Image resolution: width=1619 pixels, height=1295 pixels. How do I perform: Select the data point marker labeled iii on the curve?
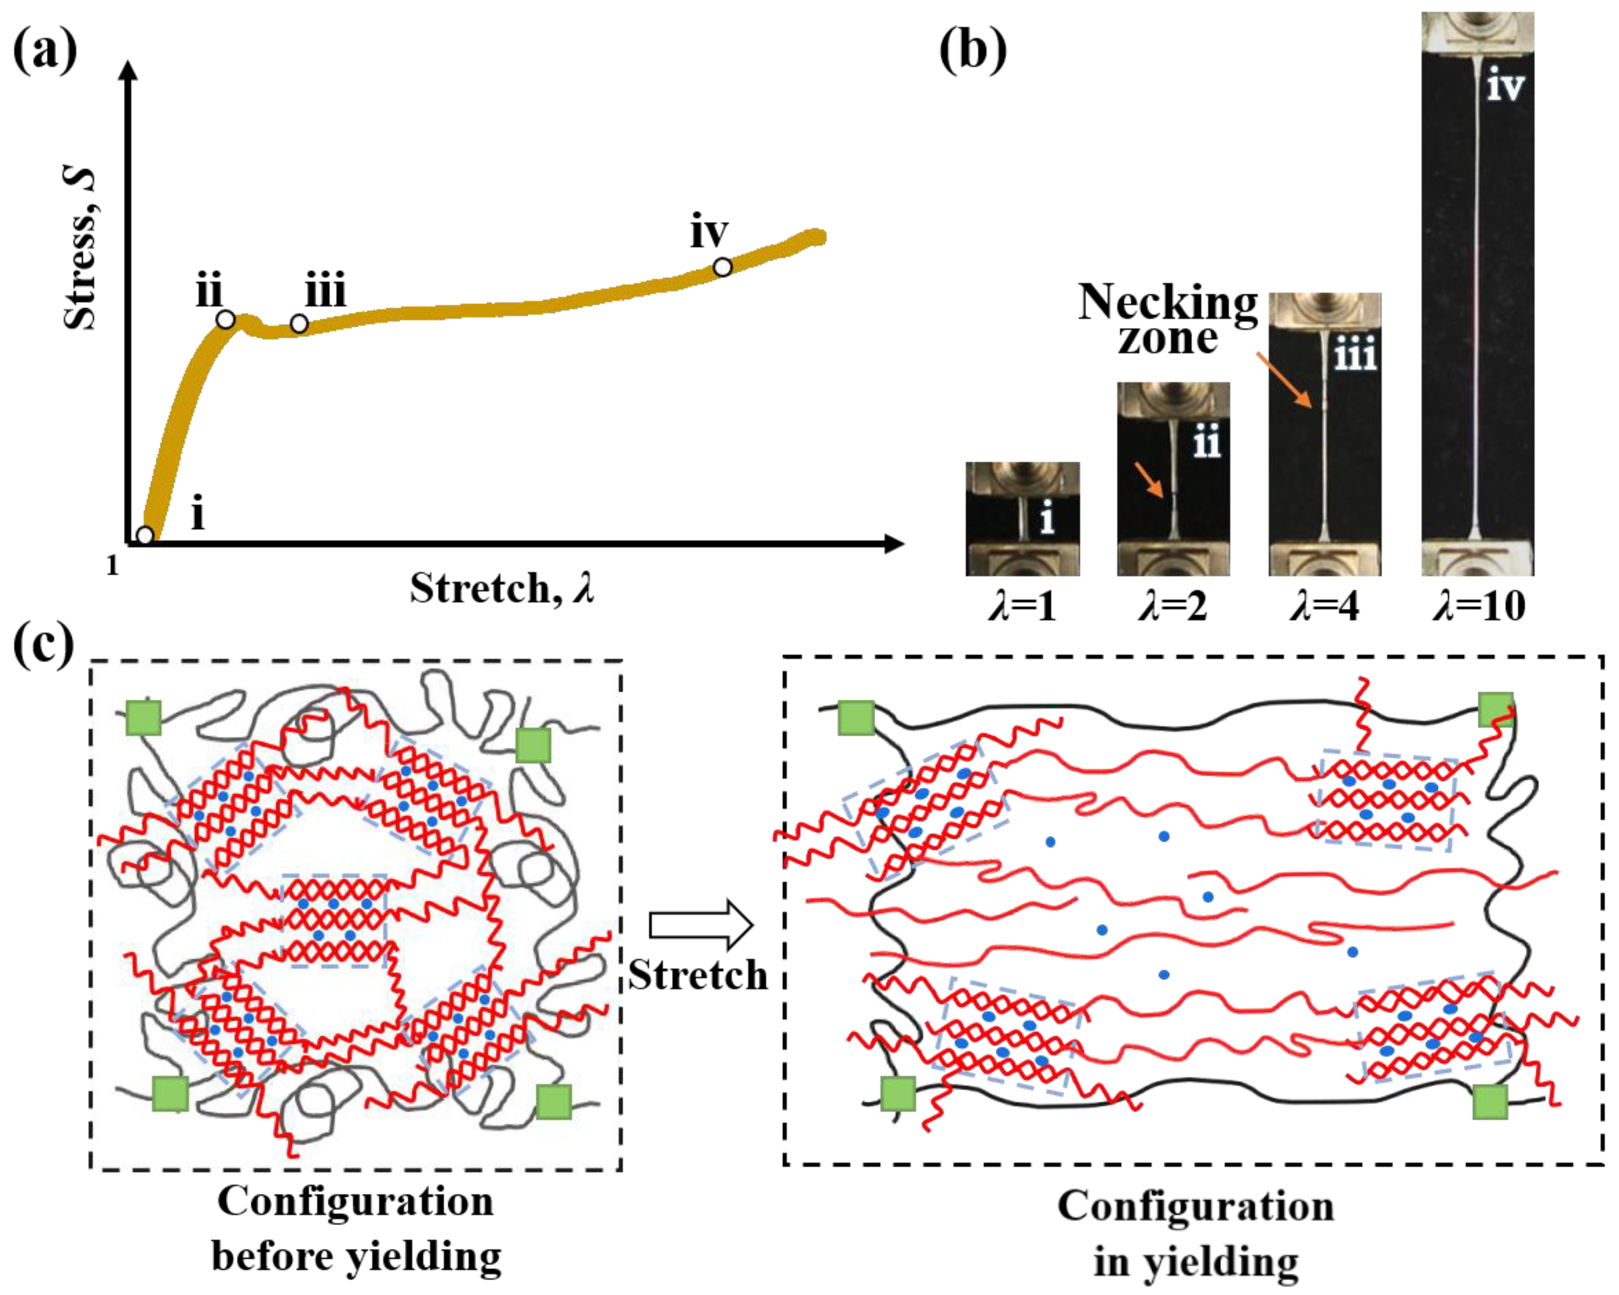click(x=299, y=325)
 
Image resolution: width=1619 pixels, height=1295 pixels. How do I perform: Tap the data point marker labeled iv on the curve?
click(x=722, y=267)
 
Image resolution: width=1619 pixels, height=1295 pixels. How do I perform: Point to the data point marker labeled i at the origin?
click(x=145, y=535)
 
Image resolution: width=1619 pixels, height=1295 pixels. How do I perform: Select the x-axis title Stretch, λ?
click(x=501, y=588)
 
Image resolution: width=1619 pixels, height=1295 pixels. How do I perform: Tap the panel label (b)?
click(x=973, y=51)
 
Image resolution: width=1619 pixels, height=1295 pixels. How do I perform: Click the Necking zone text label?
click(x=1168, y=320)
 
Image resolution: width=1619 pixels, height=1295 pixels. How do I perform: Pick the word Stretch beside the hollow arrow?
click(x=698, y=976)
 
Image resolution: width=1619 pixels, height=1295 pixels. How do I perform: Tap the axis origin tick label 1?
click(x=112, y=565)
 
